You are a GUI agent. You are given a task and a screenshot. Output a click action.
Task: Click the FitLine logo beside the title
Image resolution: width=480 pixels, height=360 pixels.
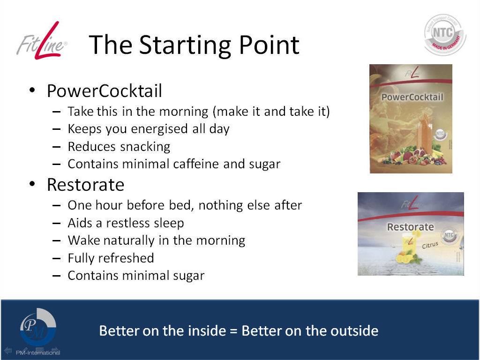(41, 41)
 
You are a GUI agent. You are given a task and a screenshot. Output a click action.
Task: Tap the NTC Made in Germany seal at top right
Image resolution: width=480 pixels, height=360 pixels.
(445, 35)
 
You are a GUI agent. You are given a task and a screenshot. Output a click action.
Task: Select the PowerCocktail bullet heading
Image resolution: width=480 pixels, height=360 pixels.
(105, 91)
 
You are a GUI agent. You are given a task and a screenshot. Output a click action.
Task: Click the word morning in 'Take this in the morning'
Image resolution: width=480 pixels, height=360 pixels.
(184, 112)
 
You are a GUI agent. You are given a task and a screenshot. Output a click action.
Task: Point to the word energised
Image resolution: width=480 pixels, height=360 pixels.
(159, 129)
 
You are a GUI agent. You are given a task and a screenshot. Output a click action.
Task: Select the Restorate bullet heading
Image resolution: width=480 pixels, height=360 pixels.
(85, 185)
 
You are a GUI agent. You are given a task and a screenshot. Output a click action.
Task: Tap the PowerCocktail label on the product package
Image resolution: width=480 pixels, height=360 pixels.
(412, 97)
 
